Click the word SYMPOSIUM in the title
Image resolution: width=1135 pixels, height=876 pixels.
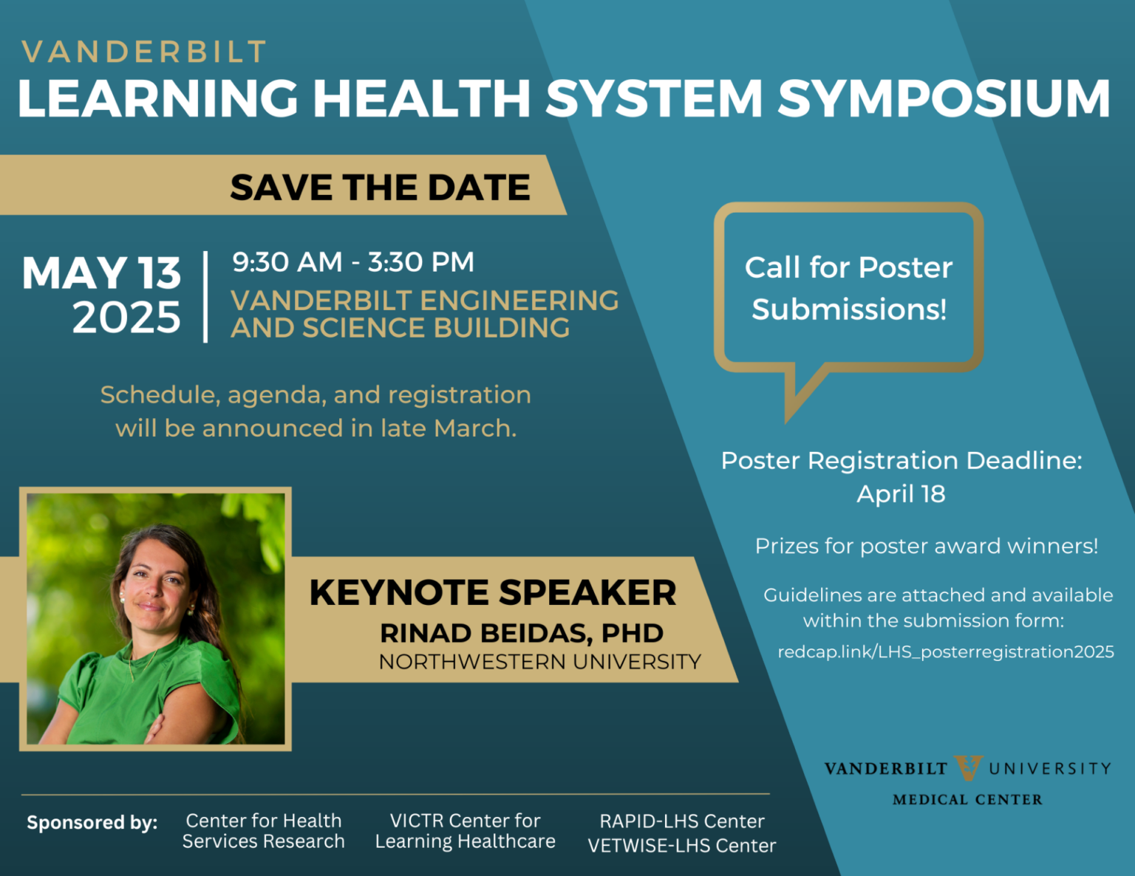click(944, 98)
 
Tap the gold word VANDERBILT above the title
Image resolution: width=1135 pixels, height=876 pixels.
click(144, 52)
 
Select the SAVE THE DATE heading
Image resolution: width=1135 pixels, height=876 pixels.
click(381, 187)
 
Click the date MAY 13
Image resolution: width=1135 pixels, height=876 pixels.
click(101, 273)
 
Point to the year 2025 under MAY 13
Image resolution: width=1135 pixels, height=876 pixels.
click(126, 317)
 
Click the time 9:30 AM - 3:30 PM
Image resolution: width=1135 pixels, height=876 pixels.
click(353, 261)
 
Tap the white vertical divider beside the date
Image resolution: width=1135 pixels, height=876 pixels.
click(205, 296)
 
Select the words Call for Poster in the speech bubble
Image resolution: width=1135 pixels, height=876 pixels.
click(849, 268)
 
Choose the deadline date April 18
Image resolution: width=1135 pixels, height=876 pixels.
click(901, 494)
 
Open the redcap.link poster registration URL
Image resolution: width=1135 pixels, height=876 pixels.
click(946, 652)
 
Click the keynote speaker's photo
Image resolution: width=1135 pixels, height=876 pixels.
click(156, 619)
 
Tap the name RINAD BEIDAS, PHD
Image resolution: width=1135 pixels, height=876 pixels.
click(521, 633)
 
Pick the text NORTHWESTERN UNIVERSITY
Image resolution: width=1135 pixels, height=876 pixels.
click(540, 662)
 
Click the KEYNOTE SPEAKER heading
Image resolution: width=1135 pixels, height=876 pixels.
click(493, 592)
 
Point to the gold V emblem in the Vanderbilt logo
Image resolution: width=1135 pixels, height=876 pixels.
click(969, 767)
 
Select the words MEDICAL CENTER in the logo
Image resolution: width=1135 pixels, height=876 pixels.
click(967, 799)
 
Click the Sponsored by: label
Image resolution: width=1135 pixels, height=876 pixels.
click(92, 822)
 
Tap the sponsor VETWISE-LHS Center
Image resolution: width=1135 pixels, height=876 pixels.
click(682, 846)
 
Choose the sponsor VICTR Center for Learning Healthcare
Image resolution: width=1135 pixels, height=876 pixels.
click(465, 831)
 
